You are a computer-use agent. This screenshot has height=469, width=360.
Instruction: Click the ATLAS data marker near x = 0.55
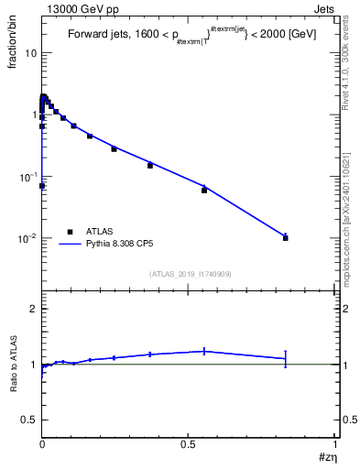tap(204, 190)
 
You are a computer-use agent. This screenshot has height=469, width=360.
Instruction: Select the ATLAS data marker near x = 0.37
tap(150, 166)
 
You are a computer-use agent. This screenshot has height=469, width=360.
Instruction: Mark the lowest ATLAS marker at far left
tap(42, 186)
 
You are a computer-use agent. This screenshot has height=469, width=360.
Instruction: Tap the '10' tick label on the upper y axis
tap(30, 53)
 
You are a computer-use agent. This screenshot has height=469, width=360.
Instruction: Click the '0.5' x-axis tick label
tap(188, 443)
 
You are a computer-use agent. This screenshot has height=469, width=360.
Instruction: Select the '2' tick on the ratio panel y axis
tap(33, 310)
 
